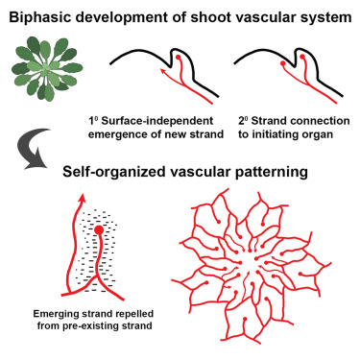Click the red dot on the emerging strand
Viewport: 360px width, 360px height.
(100, 231)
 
